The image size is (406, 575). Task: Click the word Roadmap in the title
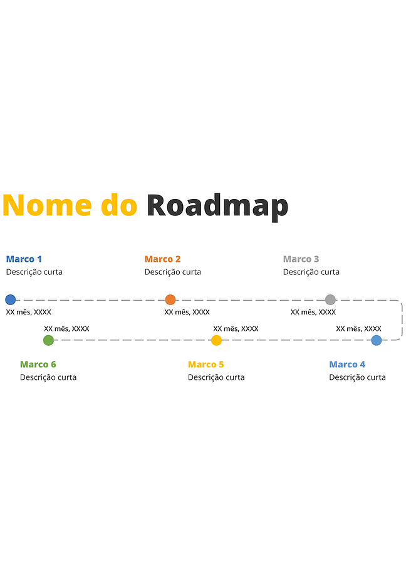(217, 207)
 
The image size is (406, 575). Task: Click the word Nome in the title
(47, 205)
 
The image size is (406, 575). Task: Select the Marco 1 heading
(24, 259)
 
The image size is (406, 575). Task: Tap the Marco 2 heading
(162, 259)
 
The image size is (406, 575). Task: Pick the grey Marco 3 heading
(301, 259)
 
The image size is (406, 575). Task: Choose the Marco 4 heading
(347, 364)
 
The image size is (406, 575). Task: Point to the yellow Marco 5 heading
(206, 364)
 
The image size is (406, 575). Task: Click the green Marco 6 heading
(38, 364)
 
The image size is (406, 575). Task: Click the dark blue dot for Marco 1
(11, 299)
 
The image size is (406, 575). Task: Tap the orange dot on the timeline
(170, 299)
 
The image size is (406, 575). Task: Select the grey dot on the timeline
(330, 299)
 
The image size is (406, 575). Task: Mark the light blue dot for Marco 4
(377, 340)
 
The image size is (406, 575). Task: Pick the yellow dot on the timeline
(216, 340)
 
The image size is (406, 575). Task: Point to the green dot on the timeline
(48, 340)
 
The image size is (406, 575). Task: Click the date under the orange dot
(187, 312)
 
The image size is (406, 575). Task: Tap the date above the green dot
(66, 328)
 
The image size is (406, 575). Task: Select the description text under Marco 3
(311, 272)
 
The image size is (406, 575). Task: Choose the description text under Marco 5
(216, 377)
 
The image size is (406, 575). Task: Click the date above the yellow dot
(236, 328)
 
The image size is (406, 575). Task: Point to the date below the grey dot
(313, 312)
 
